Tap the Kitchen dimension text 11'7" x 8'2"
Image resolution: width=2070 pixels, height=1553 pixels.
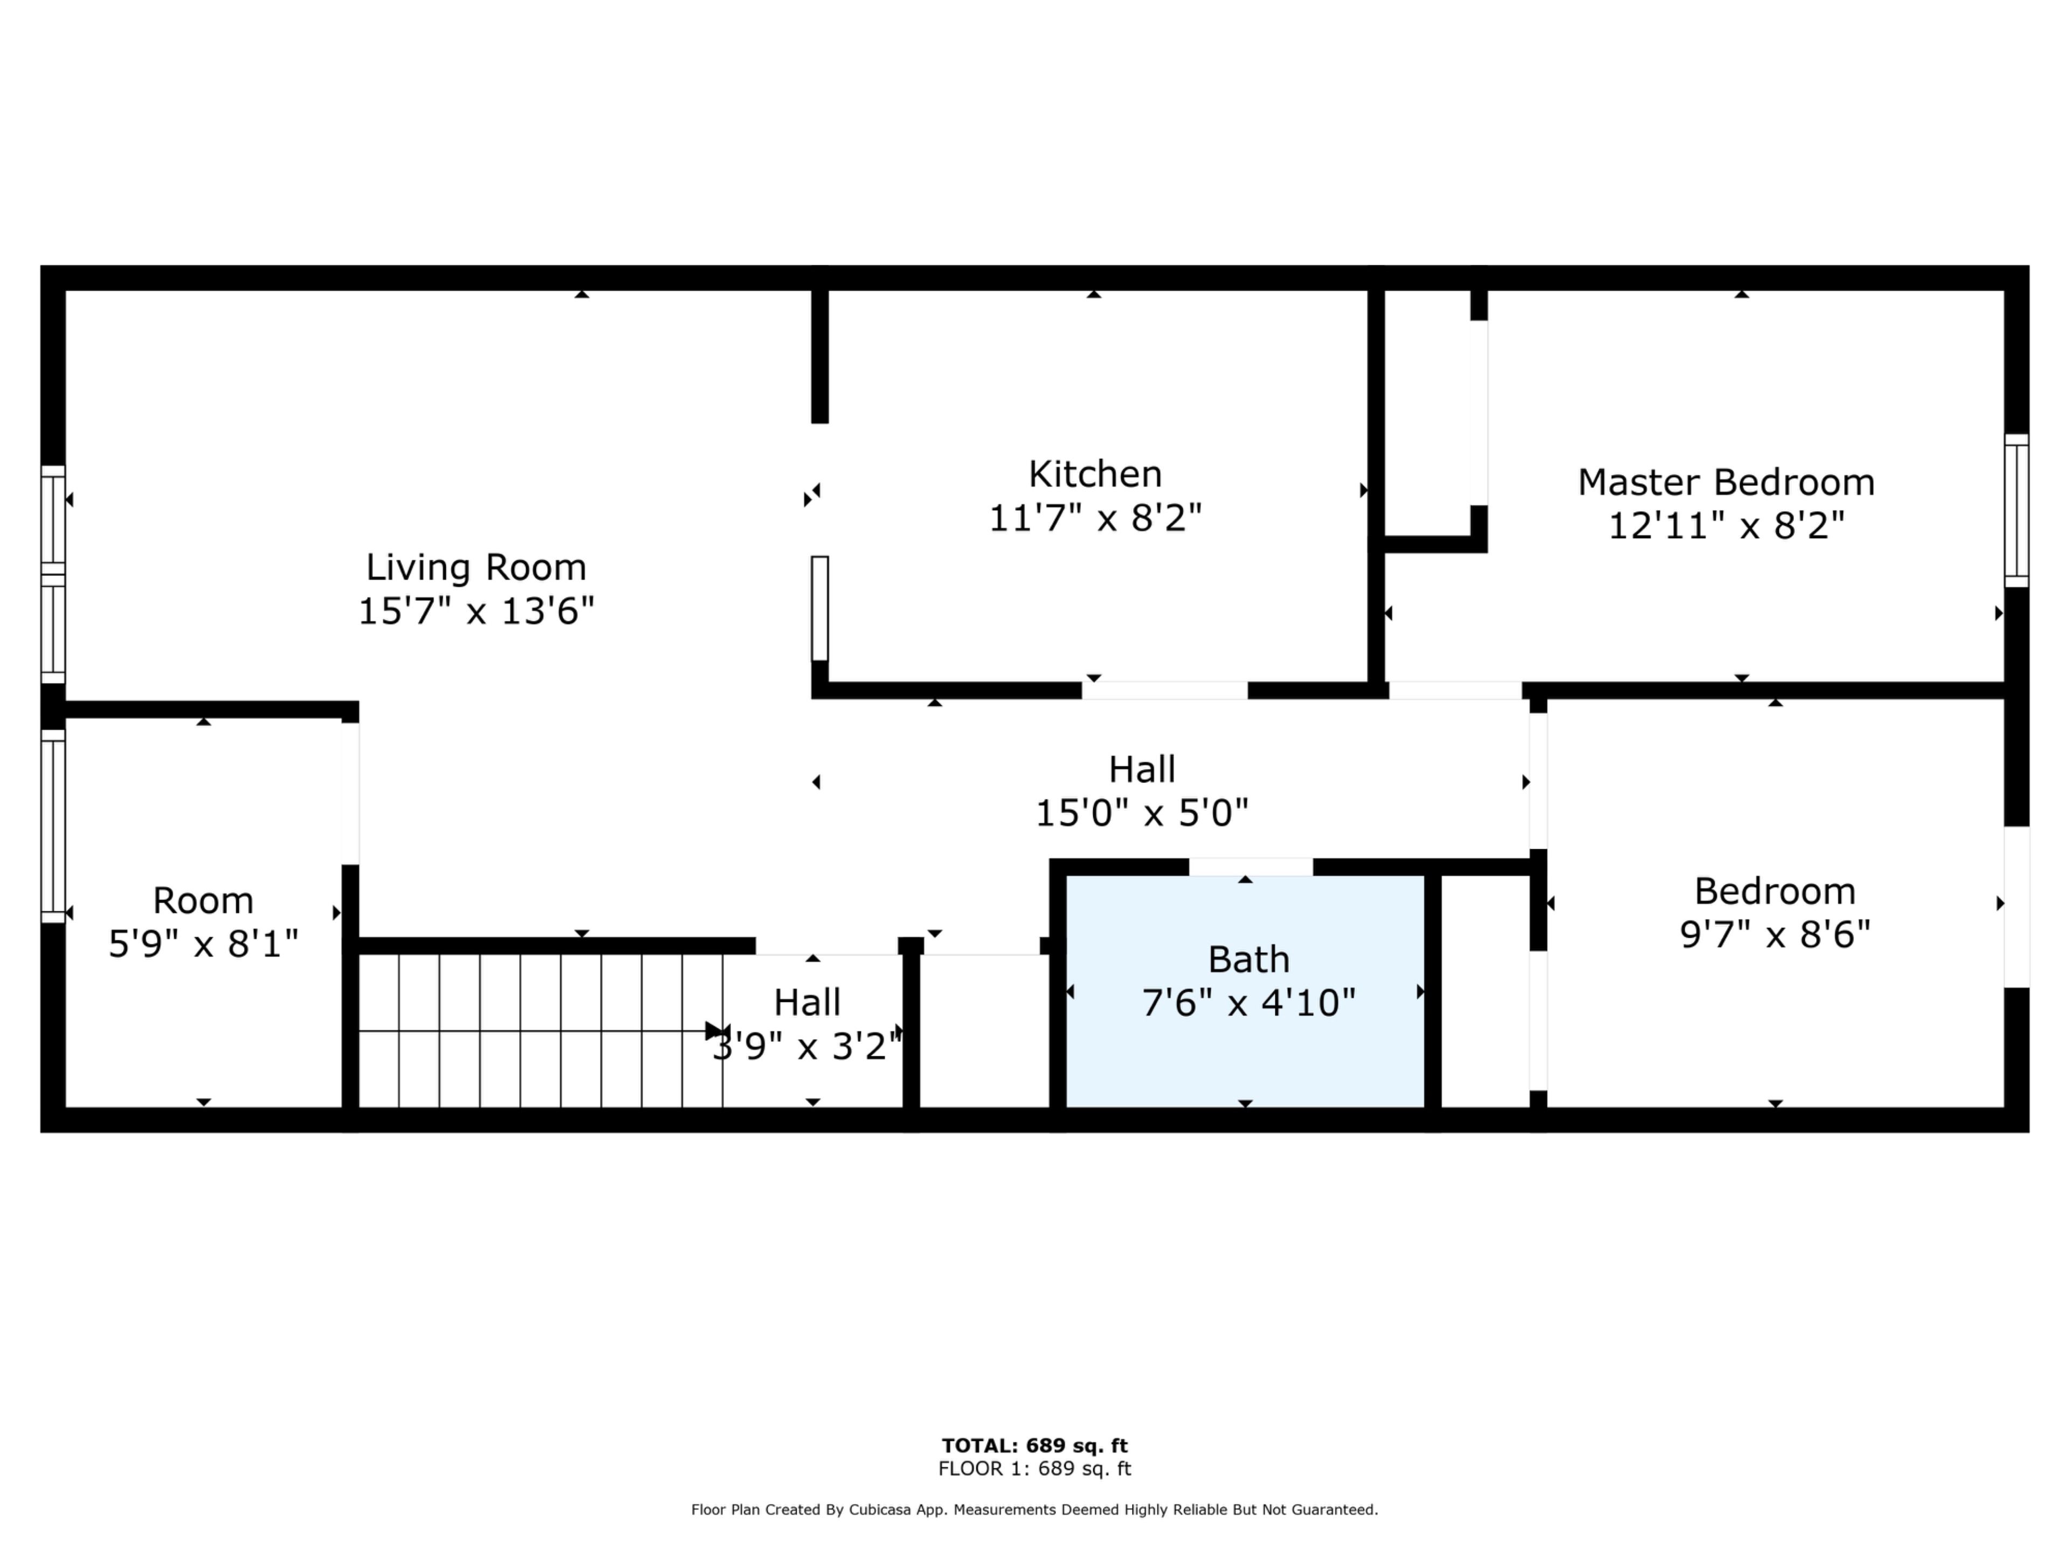[x=1095, y=518]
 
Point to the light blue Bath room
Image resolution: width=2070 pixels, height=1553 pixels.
[x=1246, y=991]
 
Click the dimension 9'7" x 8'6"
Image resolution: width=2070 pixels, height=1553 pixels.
[x=1775, y=934]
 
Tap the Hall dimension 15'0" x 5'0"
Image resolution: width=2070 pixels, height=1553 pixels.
[x=1142, y=813]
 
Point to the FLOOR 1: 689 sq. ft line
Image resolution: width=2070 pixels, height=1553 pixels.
[x=1035, y=1469]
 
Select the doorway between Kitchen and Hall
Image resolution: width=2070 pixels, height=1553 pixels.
[x=1164, y=691]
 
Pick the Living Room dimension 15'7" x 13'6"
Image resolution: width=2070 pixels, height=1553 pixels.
[x=477, y=611]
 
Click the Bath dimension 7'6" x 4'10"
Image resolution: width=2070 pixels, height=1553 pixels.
[x=1248, y=1004]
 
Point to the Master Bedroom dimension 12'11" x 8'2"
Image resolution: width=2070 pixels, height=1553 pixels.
[x=1727, y=526]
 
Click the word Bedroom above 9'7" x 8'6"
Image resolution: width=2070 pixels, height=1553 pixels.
[x=1775, y=891]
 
